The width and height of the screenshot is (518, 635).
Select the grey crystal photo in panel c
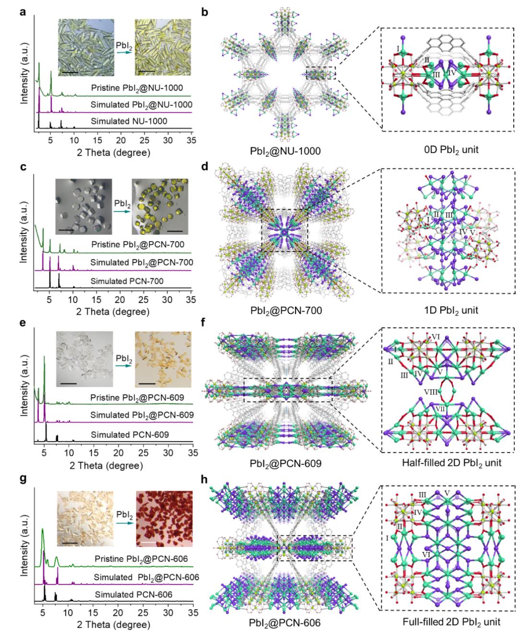click(84, 206)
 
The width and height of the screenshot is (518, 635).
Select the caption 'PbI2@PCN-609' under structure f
click(286, 463)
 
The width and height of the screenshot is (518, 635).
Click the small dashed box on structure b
click(321, 73)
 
